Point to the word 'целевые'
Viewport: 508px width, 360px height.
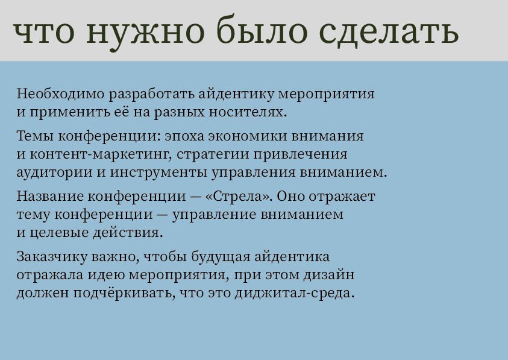pyautogui.click(x=55, y=232)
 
